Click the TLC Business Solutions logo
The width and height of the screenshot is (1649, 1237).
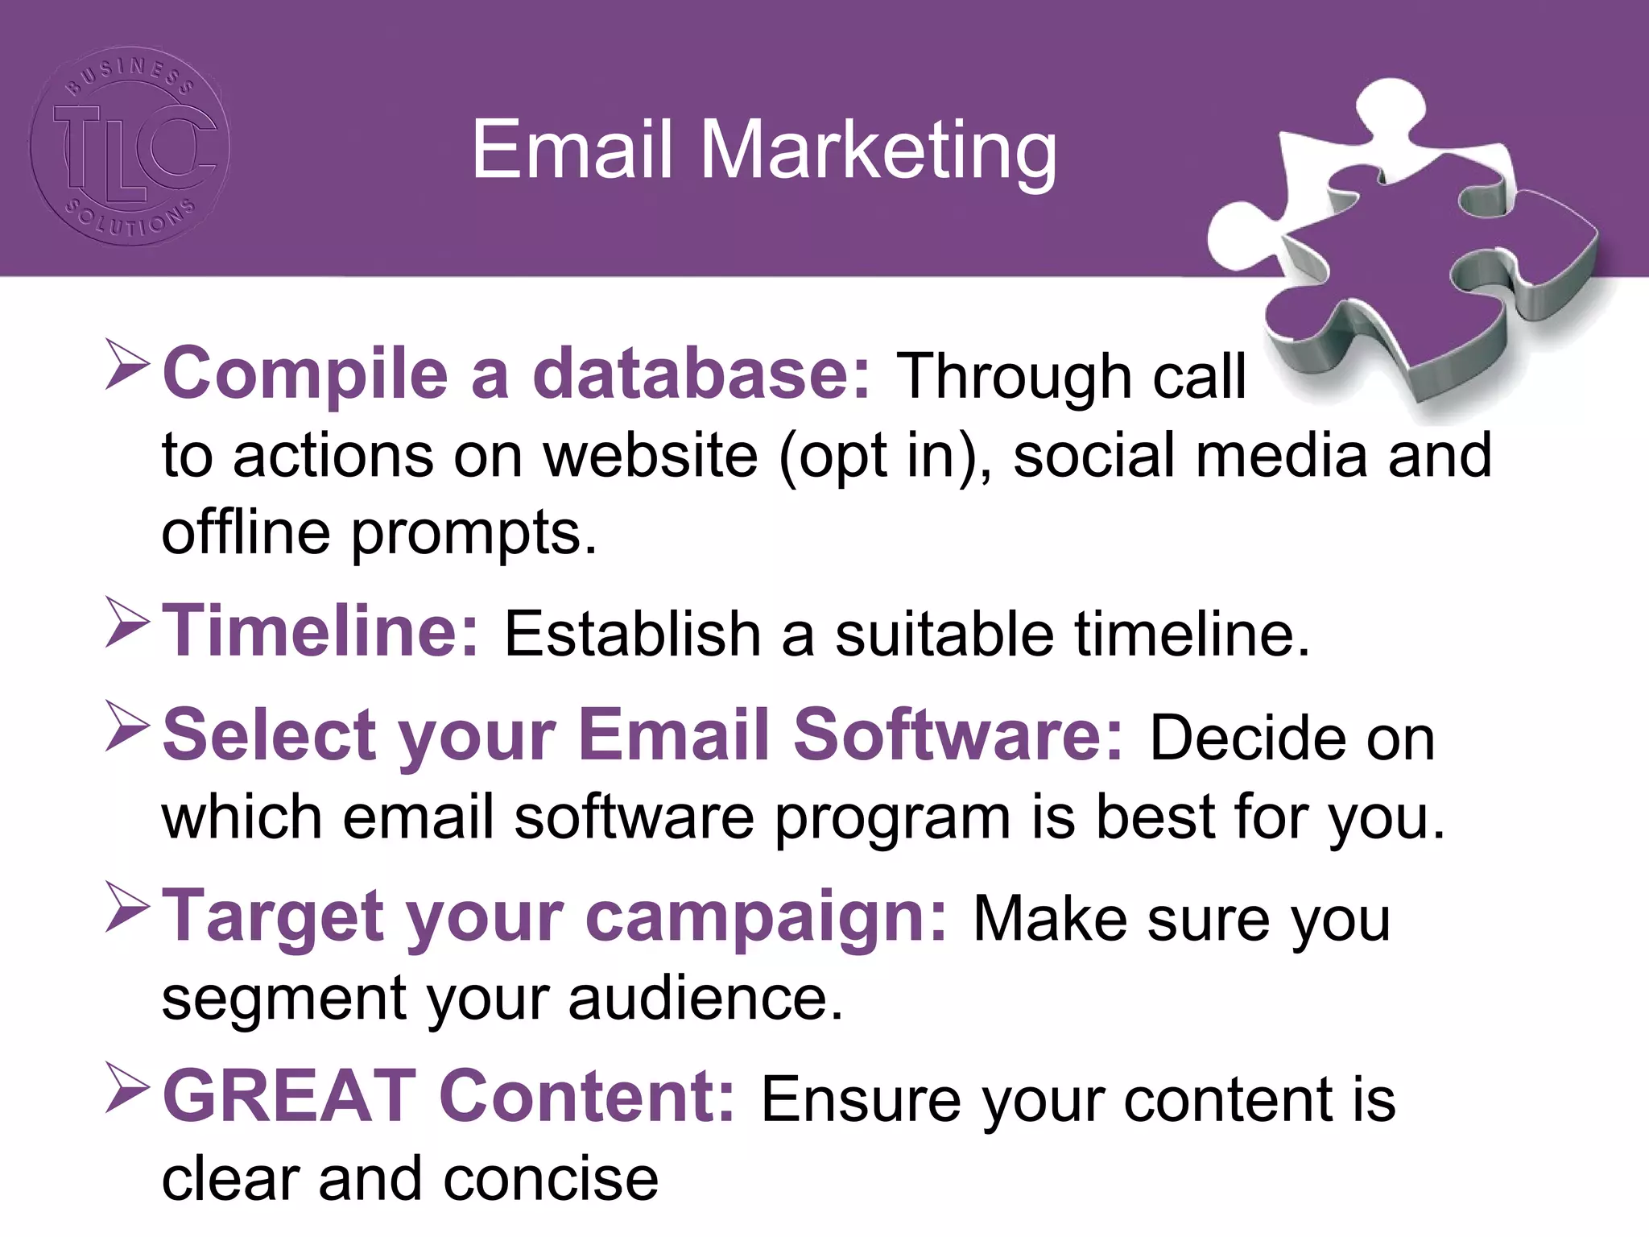[130, 146]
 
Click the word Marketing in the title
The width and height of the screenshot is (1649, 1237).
[878, 151]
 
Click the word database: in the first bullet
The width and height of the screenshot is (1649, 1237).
[701, 374]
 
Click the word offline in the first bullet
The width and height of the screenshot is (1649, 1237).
[246, 532]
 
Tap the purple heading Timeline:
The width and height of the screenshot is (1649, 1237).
[320, 631]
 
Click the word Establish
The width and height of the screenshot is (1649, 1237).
[632, 635]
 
